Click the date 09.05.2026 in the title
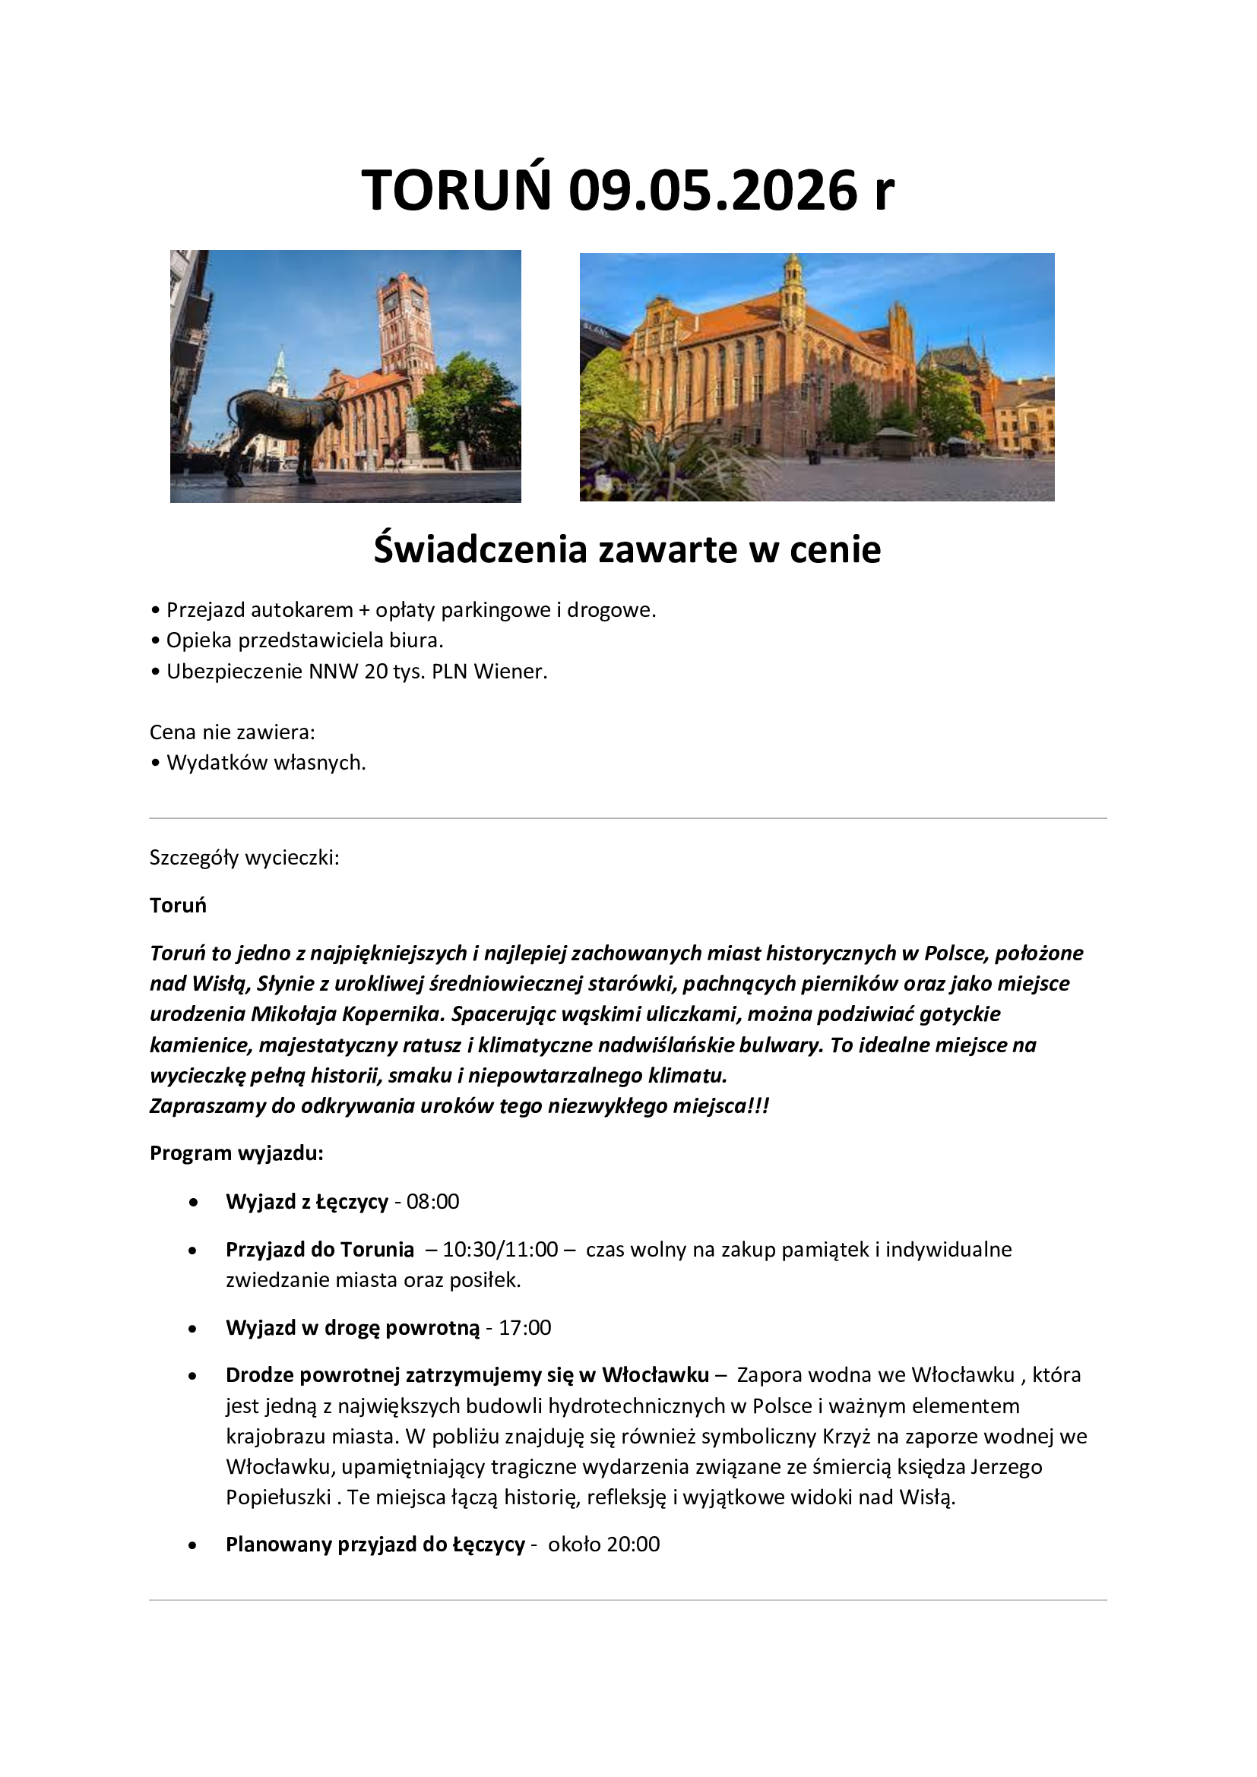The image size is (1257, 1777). (x=713, y=191)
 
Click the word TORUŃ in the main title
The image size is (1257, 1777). (x=457, y=191)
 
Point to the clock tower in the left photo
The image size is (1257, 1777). (x=404, y=325)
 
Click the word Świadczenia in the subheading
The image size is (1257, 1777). (x=480, y=549)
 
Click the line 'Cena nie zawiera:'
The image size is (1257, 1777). (x=233, y=732)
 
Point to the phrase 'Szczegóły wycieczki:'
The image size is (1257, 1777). (x=245, y=858)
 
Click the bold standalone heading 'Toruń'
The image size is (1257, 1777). (x=178, y=905)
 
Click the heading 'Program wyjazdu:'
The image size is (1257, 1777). (x=236, y=1153)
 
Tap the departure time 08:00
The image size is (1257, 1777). (x=432, y=1201)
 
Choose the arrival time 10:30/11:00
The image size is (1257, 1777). (x=500, y=1249)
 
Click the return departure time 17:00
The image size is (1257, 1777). (x=525, y=1327)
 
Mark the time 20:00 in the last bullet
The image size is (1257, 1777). (x=633, y=1544)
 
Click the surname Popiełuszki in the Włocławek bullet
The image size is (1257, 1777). (x=279, y=1497)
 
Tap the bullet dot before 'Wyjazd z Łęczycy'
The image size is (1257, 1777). (x=193, y=1202)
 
